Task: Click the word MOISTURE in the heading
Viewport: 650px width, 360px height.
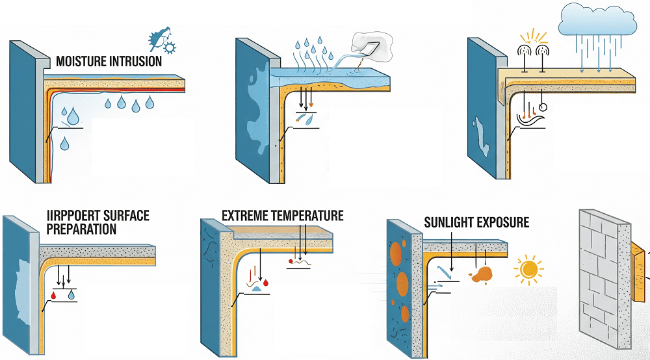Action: (x=81, y=62)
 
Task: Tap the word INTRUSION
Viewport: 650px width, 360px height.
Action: (x=135, y=62)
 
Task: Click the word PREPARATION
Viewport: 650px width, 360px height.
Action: (x=82, y=229)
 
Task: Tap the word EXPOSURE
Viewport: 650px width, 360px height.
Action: (x=505, y=223)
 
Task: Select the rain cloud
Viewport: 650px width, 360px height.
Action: (x=597, y=20)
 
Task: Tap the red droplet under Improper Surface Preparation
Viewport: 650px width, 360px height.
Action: (x=55, y=296)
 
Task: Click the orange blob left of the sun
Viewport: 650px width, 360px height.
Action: (x=484, y=275)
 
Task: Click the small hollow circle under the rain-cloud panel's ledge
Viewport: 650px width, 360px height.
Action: (x=543, y=107)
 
